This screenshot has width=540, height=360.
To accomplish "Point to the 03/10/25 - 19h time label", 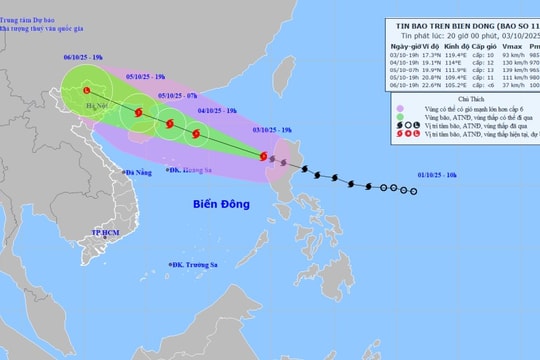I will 272,130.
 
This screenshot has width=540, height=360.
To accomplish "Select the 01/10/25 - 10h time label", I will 437,175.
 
